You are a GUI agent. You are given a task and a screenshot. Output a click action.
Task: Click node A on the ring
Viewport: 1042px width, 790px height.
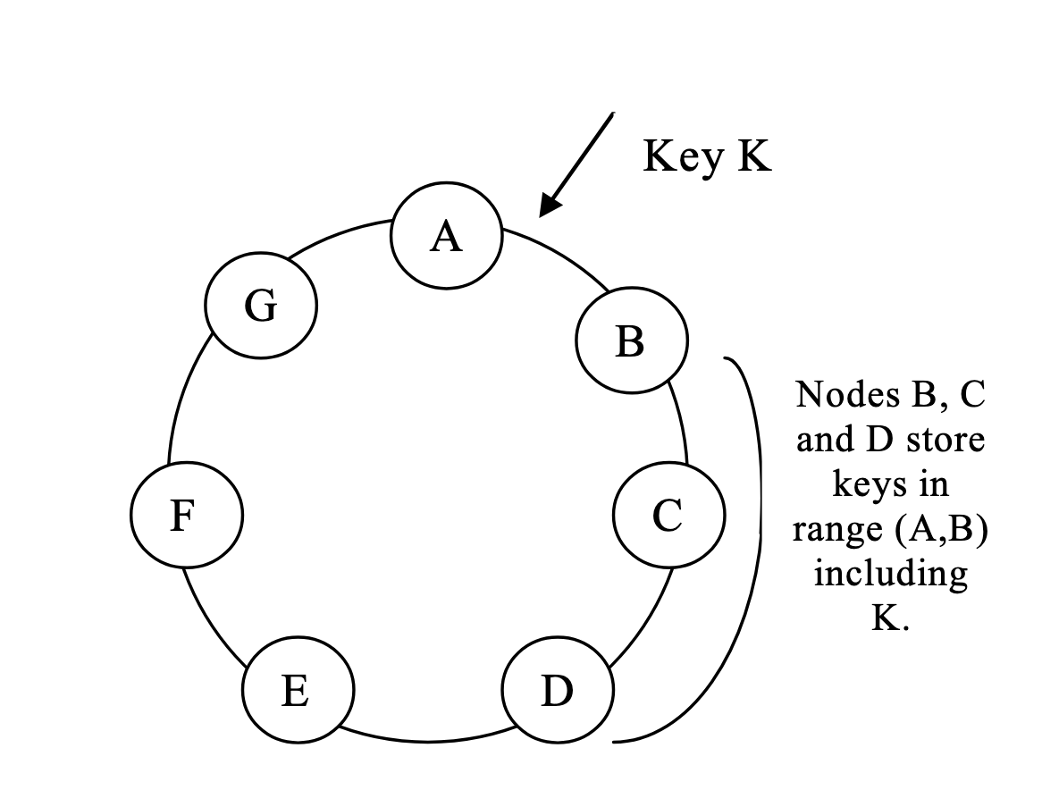[446, 236]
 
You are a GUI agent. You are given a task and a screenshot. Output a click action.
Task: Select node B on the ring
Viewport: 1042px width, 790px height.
[632, 340]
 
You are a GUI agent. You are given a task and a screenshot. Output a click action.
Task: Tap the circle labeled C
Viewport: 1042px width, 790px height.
[668, 515]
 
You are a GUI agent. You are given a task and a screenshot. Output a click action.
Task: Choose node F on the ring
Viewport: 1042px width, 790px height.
[187, 515]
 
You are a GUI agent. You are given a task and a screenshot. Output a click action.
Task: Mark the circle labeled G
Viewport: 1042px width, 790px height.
[260, 307]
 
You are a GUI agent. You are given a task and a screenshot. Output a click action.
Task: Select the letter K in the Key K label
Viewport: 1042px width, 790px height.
[752, 156]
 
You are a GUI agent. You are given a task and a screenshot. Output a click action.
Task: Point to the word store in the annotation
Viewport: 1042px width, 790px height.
[945, 440]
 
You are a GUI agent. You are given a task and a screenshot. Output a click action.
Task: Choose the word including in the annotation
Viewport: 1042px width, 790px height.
[890, 573]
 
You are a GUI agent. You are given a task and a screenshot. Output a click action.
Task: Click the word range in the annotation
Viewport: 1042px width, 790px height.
[837, 529]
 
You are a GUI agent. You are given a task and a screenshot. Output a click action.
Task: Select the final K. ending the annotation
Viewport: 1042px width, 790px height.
[890, 618]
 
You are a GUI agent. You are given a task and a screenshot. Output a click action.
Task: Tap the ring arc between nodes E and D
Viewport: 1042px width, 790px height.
[427, 740]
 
